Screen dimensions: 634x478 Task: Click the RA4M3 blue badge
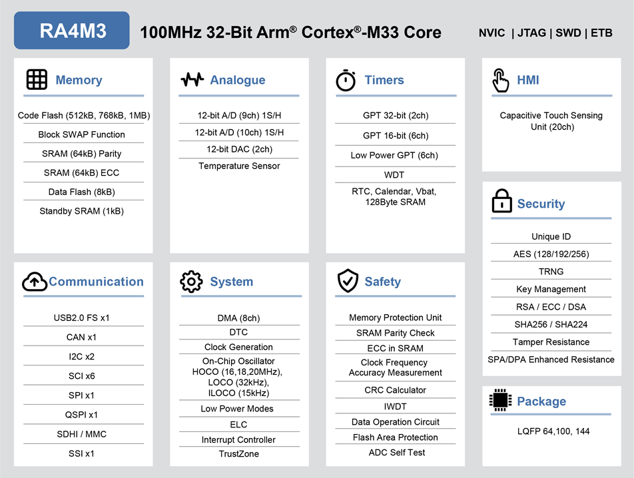[71, 31]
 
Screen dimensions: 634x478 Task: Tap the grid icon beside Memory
[37, 79]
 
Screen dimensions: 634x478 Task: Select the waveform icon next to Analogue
[192, 80]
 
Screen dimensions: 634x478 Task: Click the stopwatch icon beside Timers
[346, 80]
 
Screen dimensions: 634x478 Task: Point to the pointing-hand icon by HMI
[500, 81]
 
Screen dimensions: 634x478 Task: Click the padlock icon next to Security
[501, 201]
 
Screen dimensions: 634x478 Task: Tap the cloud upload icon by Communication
[35, 282]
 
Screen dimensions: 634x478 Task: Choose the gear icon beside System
[191, 282]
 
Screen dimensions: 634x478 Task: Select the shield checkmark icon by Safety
[348, 280]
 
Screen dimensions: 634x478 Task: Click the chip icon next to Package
[500, 400]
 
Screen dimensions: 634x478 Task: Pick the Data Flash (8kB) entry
[82, 192]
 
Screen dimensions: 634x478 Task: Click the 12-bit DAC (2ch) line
[239, 149]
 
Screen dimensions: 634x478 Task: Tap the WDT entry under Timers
[394, 175]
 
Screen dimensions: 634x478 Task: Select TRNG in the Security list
[551, 272]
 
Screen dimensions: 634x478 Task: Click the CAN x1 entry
[81, 337]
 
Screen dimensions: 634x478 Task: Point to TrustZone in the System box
[239, 454]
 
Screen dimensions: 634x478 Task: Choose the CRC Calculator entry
[395, 390]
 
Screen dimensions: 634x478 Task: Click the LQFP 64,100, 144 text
[553, 431]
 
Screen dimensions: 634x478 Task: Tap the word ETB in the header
[601, 33]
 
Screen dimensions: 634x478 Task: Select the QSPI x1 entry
[81, 415]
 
